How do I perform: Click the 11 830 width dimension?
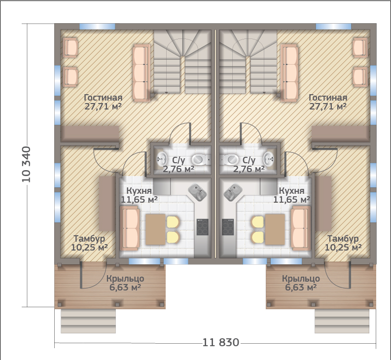pyautogui.click(x=221, y=342)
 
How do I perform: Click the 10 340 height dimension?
pyautogui.click(x=26, y=164)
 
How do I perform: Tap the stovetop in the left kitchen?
pyautogui.click(x=203, y=227)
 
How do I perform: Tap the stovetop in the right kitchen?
pyautogui.click(x=228, y=227)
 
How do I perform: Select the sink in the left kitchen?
pyautogui.click(x=197, y=192)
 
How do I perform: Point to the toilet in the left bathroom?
pyautogui.click(x=200, y=159)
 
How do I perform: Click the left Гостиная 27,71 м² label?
pyautogui.click(x=103, y=102)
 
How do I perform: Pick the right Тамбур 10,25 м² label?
pyautogui.click(x=343, y=243)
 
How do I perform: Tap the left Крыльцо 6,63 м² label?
pyautogui.click(x=125, y=283)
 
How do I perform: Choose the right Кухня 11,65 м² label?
pyautogui.click(x=291, y=195)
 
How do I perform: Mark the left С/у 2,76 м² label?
pyautogui.click(x=178, y=164)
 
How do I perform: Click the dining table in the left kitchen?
pyautogui.click(x=155, y=229)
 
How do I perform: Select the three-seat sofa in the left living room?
pyautogui.click(x=141, y=73)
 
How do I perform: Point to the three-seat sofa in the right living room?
pyautogui.click(x=289, y=73)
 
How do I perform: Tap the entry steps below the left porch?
pyautogui.click(x=88, y=321)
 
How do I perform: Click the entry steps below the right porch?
pyautogui.click(x=342, y=321)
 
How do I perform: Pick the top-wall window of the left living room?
pyautogui.click(x=97, y=27)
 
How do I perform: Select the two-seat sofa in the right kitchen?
pyautogui.click(x=301, y=228)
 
